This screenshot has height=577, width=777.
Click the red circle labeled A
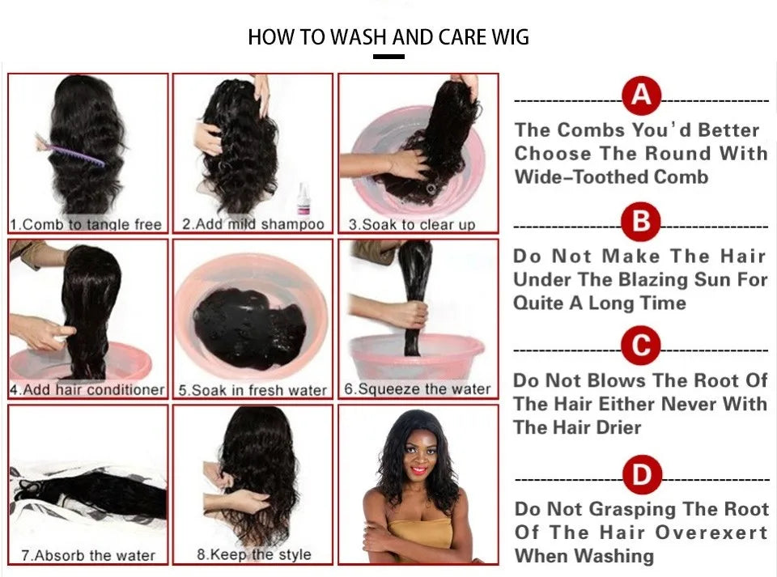tap(641, 96)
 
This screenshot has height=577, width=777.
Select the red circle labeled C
tap(641, 346)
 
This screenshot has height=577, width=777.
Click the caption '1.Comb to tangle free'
tap(86, 224)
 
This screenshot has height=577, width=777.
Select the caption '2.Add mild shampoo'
tap(253, 224)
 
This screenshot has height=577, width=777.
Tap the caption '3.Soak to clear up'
tap(411, 224)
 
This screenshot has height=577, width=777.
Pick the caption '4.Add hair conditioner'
tap(87, 390)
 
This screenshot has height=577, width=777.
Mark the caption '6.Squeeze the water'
tap(418, 389)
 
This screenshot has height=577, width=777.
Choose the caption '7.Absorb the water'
tap(87, 556)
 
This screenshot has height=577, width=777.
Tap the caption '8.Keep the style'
tap(254, 555)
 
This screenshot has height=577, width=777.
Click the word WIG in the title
tap(507, 37)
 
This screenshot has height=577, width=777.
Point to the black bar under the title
tap(389, 57)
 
